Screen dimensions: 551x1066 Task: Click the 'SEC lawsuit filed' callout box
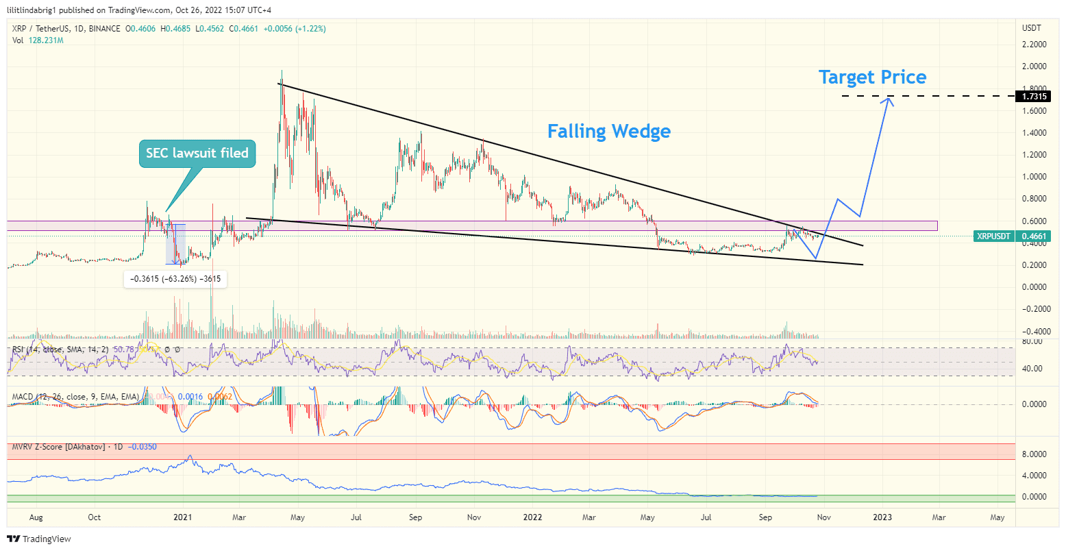(x=197, y=154)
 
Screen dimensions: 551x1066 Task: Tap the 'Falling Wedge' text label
(x=608, y=132)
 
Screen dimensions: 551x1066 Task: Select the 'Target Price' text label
(x=872, y=77)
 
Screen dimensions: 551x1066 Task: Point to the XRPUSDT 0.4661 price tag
(x=1012, y=236)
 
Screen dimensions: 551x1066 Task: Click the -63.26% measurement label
(x=175, y=279)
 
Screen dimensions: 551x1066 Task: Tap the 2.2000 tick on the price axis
(x=1034, y=45)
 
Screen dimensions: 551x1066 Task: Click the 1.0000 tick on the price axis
(x=1034, y=177)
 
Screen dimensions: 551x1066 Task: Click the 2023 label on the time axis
(x=882, y=517)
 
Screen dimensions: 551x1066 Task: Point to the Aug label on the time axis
(x=36, y=517)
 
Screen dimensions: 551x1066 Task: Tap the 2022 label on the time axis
(x=532, y=517)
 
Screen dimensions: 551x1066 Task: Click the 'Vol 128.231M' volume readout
(x=38, y=40)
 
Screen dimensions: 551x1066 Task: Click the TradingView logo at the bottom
(x=39, y=539)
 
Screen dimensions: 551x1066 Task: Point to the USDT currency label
(x=1031, y=28)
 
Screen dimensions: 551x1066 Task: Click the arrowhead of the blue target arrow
(x=889, y=101)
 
